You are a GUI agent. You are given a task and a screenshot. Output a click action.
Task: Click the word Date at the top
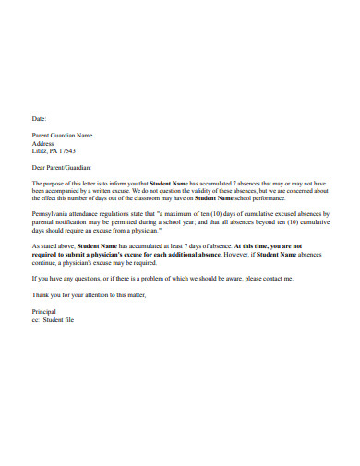pos(38,119)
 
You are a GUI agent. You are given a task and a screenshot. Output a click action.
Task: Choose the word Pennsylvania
pos(53,214)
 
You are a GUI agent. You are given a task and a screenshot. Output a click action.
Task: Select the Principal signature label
pos(45,311)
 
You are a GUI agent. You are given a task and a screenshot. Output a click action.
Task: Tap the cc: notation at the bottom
pos(37,318)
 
